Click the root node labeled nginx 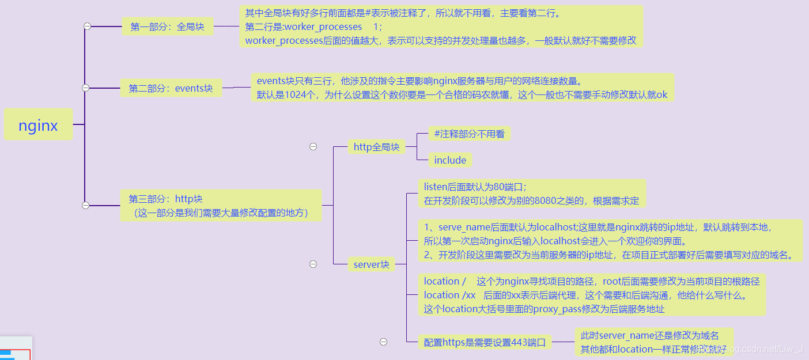click(38, 125)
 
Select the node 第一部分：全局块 click(167, 26)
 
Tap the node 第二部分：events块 click(171, 88)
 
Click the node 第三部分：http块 click(220, 206)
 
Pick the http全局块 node click(376, 147)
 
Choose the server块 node click(372, 264)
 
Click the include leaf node click(450, 160)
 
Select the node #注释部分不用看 click(469, 134)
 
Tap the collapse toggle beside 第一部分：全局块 click(87, 26)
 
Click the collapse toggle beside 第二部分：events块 click(86, 88)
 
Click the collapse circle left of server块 click(313, 264)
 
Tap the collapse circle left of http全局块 click(313, 147)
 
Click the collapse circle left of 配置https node click(384, 342)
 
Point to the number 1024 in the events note click(297, 94)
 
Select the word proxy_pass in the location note click(555, 309)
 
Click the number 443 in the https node click(519, 343)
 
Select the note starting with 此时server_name click(653, 342)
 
